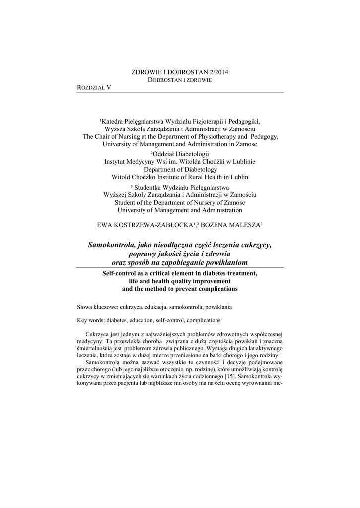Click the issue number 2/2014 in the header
(217, 72)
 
